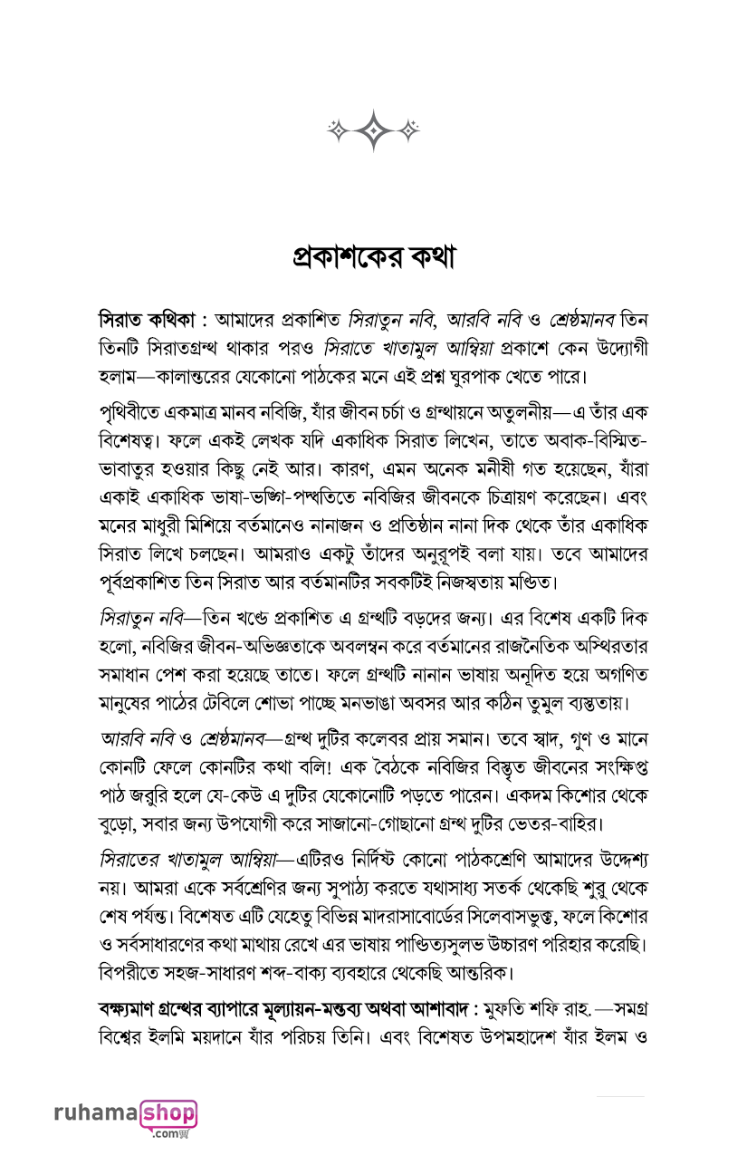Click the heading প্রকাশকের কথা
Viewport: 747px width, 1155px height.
pyautogui.click(x=373, y=256)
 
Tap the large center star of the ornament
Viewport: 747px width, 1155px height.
pyautogui.click(x=373, y=130)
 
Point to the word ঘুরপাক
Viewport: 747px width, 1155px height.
pyautogui.click(x=525, y=374)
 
